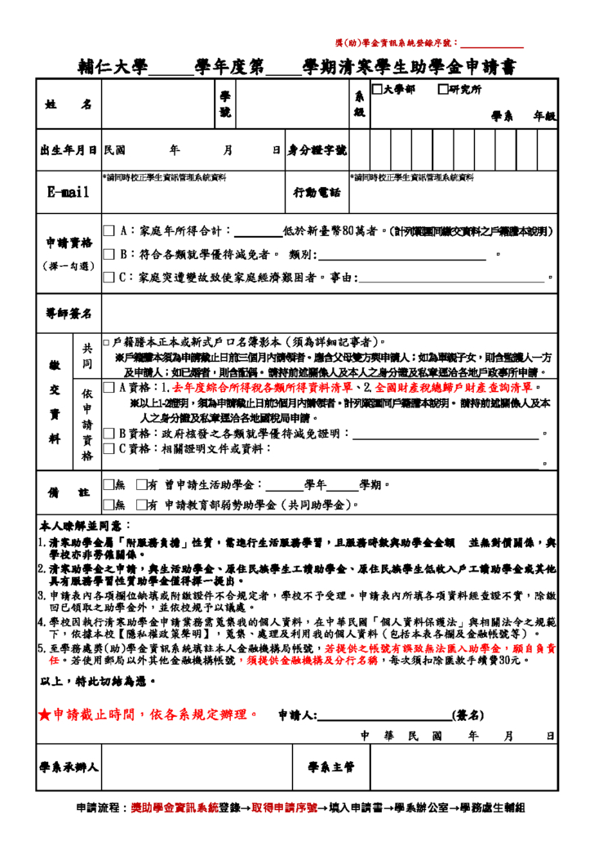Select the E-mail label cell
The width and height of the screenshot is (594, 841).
pyautogui.click(x=68, y=193)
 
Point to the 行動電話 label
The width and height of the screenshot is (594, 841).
pyautogui.click(x=317, y=193)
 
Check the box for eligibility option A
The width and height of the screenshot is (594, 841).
pyautogui.click(x=109, y=232)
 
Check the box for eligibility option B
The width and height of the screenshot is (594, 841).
pyautogui.click(x=109, y=255)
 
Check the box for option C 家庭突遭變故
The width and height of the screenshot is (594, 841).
pyautogui.click(x=109, y=278)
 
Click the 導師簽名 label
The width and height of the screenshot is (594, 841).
pyautogui.click(x=68, y=314)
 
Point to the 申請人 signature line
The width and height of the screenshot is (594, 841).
pyautogui.click(x=384, y=717)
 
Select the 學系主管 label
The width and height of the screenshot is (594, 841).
pyautogui.click(x=331, y=767)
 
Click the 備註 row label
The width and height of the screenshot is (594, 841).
pyautogui.click(x=68, y=492)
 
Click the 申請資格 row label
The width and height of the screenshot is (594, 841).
pyautogui.click(x=68, y=243)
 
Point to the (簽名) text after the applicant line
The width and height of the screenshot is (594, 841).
pyautogui.click(x=470, y=716)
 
